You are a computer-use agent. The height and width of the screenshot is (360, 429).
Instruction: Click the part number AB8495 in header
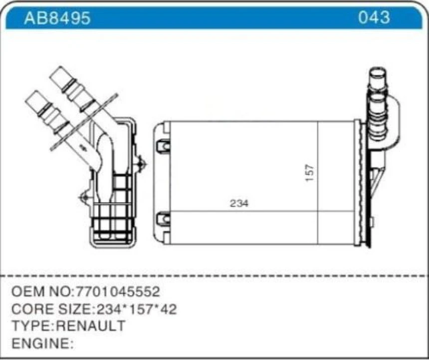[x=57, y=18]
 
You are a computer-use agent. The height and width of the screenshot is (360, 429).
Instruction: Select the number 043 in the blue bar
[x=374, y=17]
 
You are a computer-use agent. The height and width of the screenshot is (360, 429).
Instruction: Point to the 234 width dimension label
[x=239, y=203]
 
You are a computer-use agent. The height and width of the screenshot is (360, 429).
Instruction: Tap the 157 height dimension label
[x=310, y=173]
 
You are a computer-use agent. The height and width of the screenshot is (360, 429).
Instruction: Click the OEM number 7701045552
[x=118, y=292]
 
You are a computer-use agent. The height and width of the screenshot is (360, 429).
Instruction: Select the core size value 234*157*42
[x=136, y=309]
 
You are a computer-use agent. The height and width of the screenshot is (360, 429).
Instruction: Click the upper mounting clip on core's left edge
[x=163, y=145]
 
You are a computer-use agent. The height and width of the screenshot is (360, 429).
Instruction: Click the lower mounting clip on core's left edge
[x=163, y=218]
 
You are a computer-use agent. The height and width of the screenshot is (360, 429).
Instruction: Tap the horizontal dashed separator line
[x=214, y=275]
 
